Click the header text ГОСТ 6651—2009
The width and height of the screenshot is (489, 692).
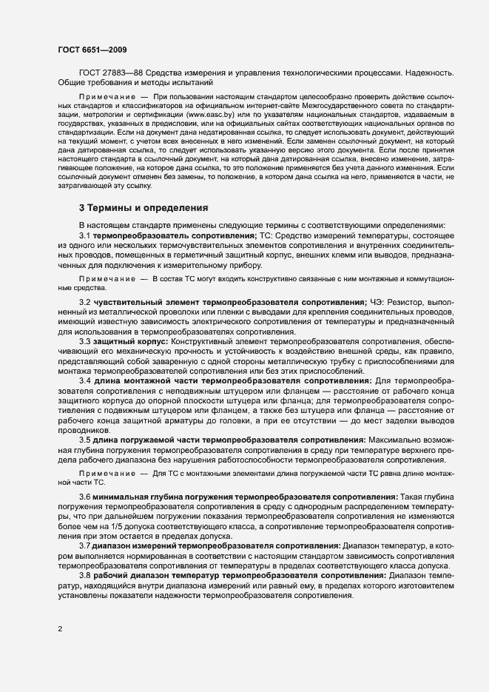92,50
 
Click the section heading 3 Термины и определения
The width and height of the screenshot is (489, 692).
144,207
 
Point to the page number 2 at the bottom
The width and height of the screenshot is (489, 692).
60,629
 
